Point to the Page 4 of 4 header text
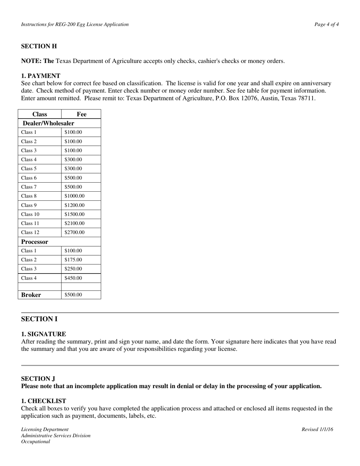tap(326, 25)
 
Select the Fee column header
tap(81, 114)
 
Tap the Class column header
tap(40, 114)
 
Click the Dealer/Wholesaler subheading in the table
tap(49, 123)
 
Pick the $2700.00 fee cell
tap(74, 233)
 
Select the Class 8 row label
tap(29, 196)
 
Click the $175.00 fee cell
tap(73, 260)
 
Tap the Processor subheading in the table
tap(34, 242)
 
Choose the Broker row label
tap(31, 295)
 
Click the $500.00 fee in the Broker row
tap(73, 295)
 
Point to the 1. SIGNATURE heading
tap(43, 334)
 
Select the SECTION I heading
tap(39, 319)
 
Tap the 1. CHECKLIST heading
tap(43, 401)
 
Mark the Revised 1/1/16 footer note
tap(317, 429)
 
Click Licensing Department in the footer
tap(45, 429)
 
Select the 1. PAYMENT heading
tap(41, 76)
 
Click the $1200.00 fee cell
tap(74, 205)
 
